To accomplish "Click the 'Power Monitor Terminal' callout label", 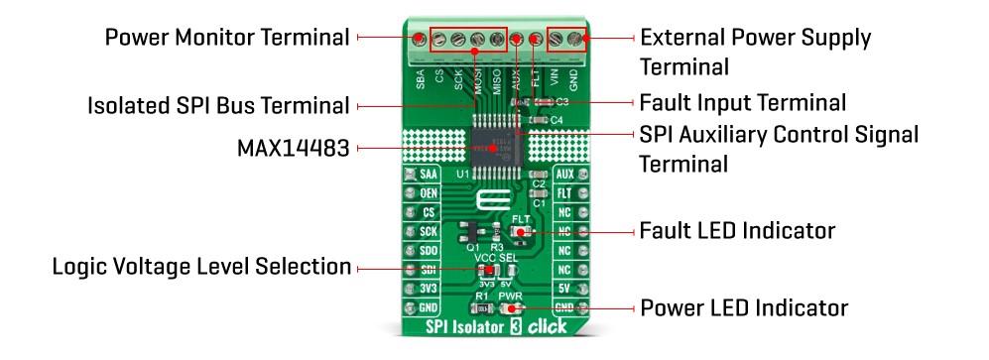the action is (x=227, y=38).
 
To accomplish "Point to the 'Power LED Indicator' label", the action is (x=744, y=307).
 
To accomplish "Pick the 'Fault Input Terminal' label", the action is (x=743, y=102).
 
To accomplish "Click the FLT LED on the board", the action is (x=520, y=230).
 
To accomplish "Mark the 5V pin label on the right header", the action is (x=563, y=289).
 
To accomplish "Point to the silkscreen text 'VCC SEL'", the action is (x=495, y=257).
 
